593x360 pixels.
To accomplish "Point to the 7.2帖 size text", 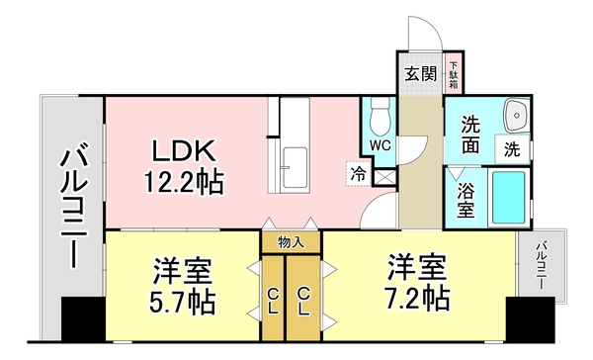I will pos(418,297).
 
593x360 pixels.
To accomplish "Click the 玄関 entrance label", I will pos(420,73).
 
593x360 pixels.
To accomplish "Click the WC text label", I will pos(380,145).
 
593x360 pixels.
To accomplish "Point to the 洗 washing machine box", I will pos(512,150).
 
